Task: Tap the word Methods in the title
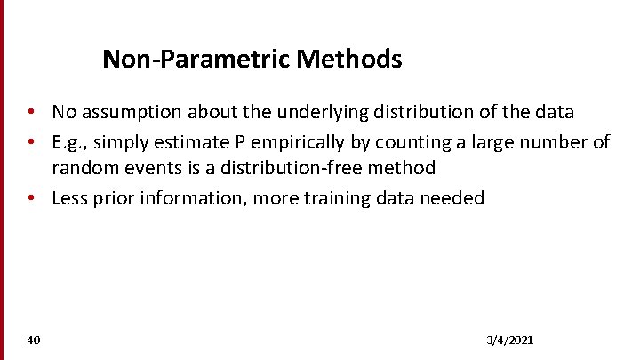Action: coord(349,60)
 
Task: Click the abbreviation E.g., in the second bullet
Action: coord(71,142)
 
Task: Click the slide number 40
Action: coord(34,340)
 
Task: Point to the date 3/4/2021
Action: coord(510,340)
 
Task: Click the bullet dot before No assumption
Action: coord(30,113)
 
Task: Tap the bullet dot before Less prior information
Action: coord(30,198)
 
